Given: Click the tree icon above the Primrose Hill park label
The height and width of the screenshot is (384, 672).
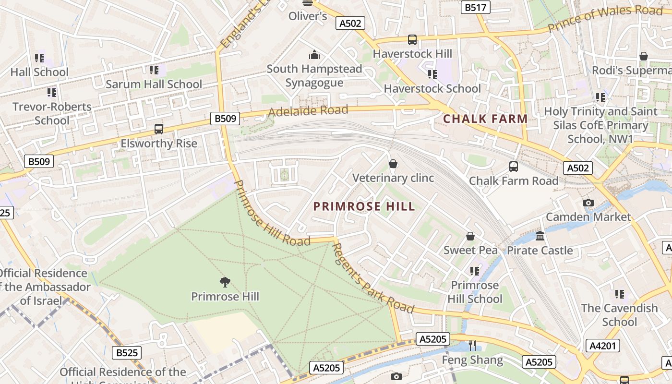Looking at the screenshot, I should [x=225, y=282].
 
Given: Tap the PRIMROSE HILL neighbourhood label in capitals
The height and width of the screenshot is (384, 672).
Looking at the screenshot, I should [x=364, y=206].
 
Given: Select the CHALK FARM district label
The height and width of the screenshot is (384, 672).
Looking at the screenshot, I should [x=485, y=119].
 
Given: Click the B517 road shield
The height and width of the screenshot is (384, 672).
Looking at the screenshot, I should [x=475, y=7].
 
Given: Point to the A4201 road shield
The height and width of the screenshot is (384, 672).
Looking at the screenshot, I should [x=603, y=346].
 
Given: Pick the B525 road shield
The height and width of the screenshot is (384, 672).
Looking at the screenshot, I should [x=127, y=353].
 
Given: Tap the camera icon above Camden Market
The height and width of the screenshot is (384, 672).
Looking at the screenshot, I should [x=588, y=203].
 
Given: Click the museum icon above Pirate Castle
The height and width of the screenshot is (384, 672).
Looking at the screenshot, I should [x=540, y=236].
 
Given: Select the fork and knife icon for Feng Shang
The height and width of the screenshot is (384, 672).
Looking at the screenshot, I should [x=472, y=346].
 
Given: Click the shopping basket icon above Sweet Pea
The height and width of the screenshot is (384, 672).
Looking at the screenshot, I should [x=470, y=236].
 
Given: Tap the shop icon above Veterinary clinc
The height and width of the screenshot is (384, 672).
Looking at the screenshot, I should [x=393, y=164].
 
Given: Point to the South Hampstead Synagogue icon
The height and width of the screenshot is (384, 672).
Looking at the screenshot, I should [x=314, y=55].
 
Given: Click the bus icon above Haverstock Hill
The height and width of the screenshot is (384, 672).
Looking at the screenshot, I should [x=412, y=40].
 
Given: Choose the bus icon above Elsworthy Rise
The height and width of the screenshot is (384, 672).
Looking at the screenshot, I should [x=159, y=129].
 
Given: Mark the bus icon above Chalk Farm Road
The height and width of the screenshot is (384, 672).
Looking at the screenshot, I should [x=514, y=167].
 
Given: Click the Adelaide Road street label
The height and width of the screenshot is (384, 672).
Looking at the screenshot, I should [x=308, y=111].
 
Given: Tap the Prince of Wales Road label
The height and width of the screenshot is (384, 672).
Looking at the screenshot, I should [x=605, y=18].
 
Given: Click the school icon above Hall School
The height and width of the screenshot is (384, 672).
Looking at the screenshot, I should [x=39, y=58].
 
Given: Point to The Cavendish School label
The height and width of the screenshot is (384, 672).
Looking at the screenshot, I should [x=619, y=315].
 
